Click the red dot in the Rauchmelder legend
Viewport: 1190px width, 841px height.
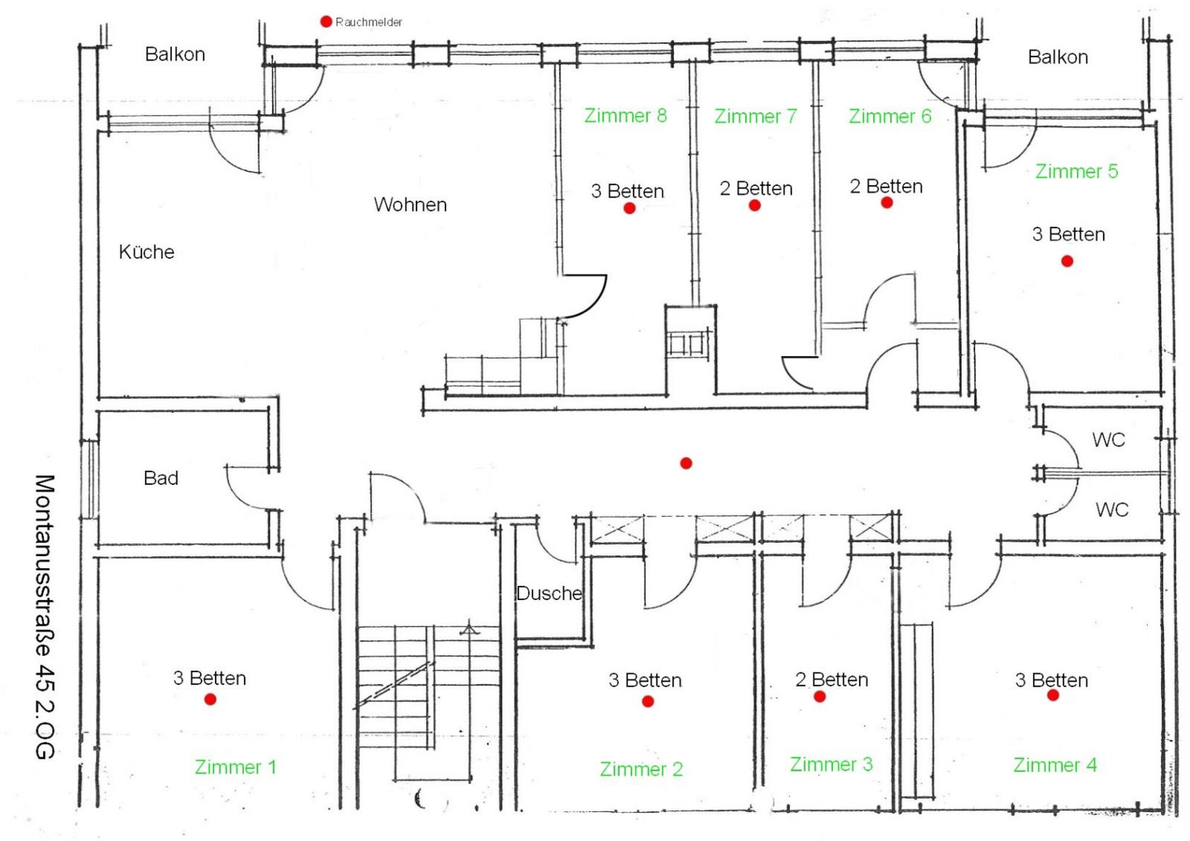pos(326,21)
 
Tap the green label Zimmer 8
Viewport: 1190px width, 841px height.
pos(625,115)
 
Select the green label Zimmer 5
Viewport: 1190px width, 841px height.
pos(1076,171)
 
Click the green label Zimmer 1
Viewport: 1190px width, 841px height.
pos(236,767)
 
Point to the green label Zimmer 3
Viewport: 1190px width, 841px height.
pos(831,764)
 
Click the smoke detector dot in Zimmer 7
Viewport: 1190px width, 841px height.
pos(754,205)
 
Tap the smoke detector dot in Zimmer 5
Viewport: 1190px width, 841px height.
pos(1067,261)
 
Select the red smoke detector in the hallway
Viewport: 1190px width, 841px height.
pos(686,463)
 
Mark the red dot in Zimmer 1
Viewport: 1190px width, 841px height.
pos(210,699)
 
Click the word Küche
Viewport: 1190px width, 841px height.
pos(146,252)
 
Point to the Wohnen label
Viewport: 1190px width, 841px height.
pos(410,205)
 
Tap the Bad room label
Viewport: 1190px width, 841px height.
pos(161,478)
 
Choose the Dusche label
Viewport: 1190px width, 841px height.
pos(549,593)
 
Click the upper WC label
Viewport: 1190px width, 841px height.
pos(1108,440)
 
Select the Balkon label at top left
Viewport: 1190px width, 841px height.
pos(175,55)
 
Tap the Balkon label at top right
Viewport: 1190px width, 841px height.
pos(1058,57)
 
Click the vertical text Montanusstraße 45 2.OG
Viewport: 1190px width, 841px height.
pos(45,616)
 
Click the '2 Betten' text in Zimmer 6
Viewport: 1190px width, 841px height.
pos(886,187)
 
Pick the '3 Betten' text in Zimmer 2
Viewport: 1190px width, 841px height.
pos(645,680)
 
